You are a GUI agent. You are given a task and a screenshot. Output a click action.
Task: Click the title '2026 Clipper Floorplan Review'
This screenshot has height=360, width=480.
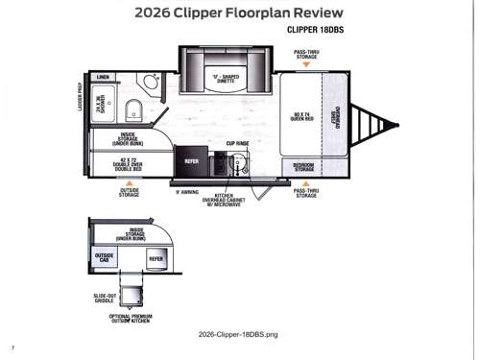tap(240, 13)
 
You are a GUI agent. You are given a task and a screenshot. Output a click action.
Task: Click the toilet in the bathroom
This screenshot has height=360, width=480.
tap(136, 106)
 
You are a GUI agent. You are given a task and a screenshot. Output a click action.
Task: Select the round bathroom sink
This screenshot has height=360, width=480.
tap(151, 81)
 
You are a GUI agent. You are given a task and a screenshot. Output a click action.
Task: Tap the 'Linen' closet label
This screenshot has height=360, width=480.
tap(103, 77)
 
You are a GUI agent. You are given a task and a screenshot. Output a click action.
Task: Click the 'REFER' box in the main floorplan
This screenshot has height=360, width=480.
tap(192, 161)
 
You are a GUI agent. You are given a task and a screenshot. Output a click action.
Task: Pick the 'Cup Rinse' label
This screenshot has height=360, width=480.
tap(238, 144)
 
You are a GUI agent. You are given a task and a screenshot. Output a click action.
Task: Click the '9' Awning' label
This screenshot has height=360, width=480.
tap(187, 192)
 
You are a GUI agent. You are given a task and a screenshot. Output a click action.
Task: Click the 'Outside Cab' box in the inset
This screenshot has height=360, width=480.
tap(104, 257)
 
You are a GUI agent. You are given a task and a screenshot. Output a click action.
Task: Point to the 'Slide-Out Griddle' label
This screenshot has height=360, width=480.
tap(106, 298)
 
